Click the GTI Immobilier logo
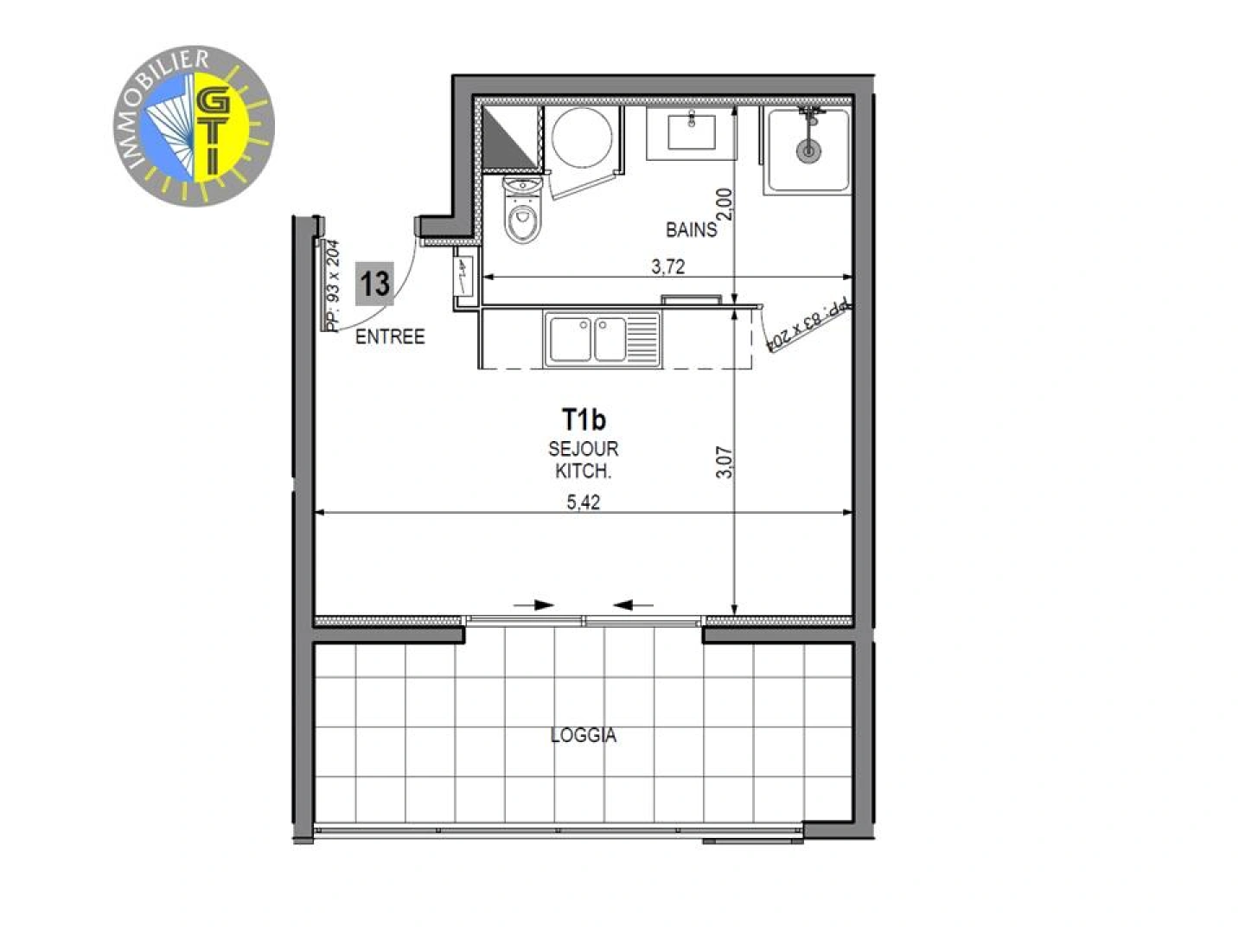194,127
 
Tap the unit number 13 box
374,284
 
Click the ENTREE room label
390,337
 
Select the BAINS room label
691,230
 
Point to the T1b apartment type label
584,420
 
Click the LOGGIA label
584,736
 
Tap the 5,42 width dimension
584,502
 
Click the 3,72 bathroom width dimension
667,267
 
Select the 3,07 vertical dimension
725,462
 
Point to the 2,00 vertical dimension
725,205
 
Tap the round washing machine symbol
582,137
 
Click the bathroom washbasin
692,132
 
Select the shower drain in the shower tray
808,150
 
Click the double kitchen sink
602,338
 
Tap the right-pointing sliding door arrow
533,605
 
